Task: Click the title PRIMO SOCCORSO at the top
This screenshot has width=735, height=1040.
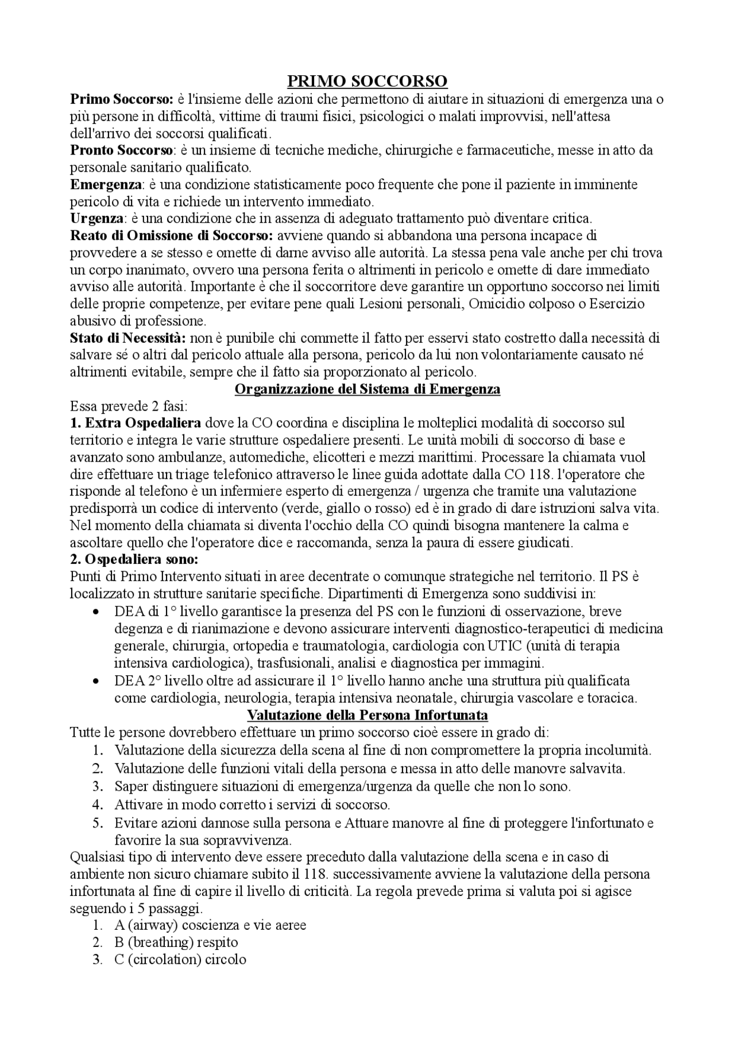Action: (367, 80)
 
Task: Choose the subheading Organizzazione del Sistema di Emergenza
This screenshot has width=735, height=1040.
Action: (367, 389)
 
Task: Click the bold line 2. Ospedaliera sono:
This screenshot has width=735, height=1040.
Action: (134, 559)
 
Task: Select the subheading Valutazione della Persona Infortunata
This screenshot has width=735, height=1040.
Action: (367, 716)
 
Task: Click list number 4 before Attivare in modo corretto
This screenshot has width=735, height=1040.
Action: (98, 805)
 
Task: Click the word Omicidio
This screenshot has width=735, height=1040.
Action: (494, 304)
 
